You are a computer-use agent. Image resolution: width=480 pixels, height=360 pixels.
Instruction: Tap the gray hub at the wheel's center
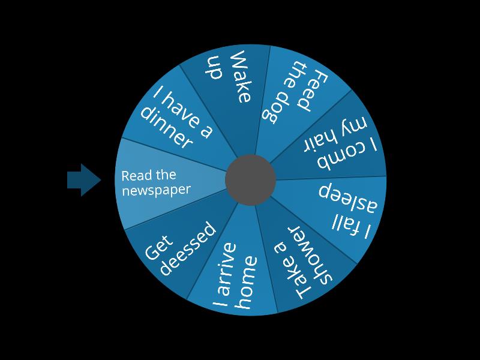[250, 179]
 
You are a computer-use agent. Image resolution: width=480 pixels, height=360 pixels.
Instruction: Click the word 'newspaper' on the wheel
[156, 190]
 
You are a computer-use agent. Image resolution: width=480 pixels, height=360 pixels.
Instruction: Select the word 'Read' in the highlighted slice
[134, 176]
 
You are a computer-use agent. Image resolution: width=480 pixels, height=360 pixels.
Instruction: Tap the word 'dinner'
[166, 129]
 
